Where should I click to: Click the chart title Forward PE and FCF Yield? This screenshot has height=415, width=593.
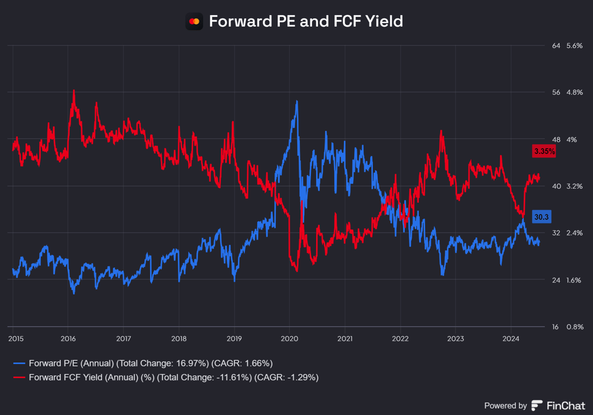[305, 21]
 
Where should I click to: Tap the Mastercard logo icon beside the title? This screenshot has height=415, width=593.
[195, 22]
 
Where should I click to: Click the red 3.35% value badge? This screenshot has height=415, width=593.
[544, 151]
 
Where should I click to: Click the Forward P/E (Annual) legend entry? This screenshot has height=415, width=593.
[142, 363]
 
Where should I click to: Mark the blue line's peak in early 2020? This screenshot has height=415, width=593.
[297, 101]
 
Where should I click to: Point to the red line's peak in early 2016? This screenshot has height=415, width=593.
[74, 90]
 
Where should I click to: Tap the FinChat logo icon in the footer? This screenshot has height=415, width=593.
[537, 406]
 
